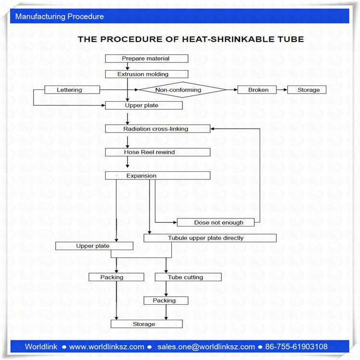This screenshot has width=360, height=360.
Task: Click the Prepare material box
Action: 146,59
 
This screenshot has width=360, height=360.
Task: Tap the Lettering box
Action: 72,90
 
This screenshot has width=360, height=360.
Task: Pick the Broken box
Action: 258,90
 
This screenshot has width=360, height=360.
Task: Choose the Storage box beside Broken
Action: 307,90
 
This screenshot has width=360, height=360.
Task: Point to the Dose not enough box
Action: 218,223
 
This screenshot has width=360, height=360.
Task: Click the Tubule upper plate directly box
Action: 210,238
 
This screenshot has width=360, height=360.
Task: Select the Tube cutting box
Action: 188,277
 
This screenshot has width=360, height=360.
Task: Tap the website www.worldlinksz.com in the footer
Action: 107,347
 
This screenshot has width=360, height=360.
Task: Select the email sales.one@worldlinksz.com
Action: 206,347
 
